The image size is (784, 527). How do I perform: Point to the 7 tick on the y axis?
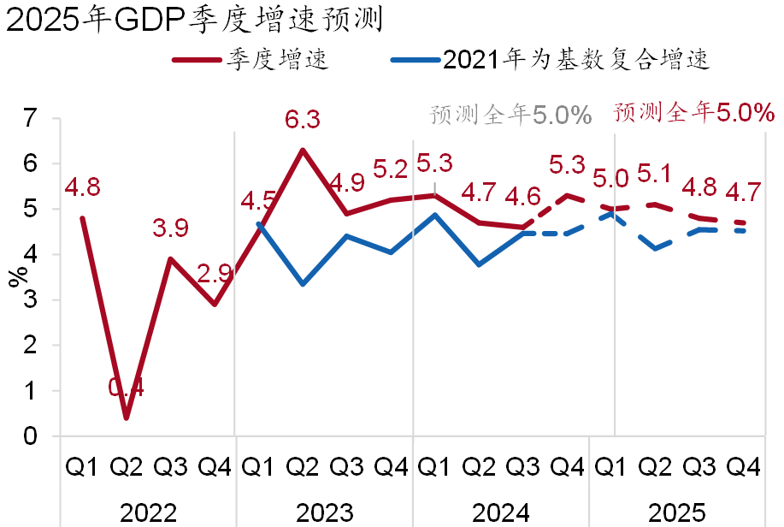[32, 118]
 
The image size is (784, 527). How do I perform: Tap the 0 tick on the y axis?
[32, 436]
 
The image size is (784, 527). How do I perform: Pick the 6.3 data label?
[303, 120]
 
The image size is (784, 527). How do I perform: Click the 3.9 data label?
[170, 228]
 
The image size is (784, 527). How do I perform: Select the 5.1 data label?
[654, 175]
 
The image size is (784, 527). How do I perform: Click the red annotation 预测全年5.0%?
[693, 112]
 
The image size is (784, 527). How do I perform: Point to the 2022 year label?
[148, 512]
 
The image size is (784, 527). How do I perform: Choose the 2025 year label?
[676, 512]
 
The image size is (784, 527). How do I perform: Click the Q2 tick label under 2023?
[303, 467]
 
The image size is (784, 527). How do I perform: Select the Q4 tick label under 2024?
[568, 467]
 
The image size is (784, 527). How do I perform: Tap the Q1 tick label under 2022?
[82, 467]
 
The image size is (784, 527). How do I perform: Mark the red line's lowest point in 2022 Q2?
[127, 418]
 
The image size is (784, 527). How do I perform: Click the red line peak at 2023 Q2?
[303, 150]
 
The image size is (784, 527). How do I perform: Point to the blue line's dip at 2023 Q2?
[303, 283]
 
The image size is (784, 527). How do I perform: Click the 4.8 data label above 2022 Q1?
[82, 187]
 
